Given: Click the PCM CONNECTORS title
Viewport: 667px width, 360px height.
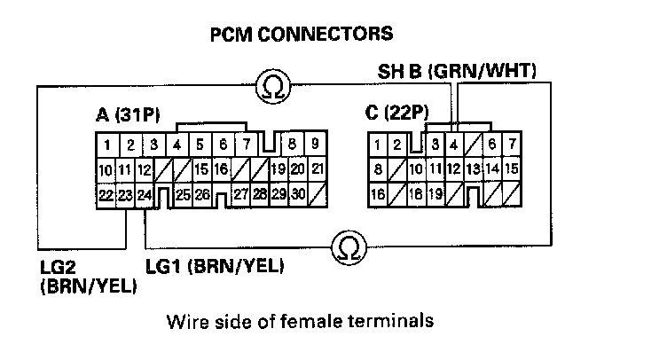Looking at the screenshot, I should pyautogui.click(x=301, y=35).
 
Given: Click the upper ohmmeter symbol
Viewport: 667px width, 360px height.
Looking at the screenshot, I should pyautogui.click(x=271, y=85).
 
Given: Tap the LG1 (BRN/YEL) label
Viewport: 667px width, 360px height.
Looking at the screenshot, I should pyautogui.click(x=214, y=264).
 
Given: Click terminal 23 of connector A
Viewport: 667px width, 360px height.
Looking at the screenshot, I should pyautogui.click(x=127, y=194).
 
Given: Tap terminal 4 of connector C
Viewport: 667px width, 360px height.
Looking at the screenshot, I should pyautogui.click(x=454, y=144).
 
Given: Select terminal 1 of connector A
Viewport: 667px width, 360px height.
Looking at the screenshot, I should pyautogui.click(x=106, y=144).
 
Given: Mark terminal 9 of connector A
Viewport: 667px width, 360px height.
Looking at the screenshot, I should pyautogui.click(x=315, y=144).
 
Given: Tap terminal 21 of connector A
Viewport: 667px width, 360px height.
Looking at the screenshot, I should pyautogui.click(x=318, y=168).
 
